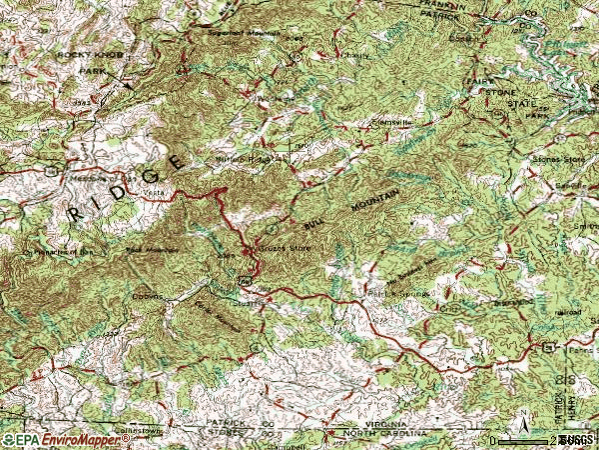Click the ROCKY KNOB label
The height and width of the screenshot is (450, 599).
[x=80, y=54]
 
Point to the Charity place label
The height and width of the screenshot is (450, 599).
[x=349, y=55]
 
